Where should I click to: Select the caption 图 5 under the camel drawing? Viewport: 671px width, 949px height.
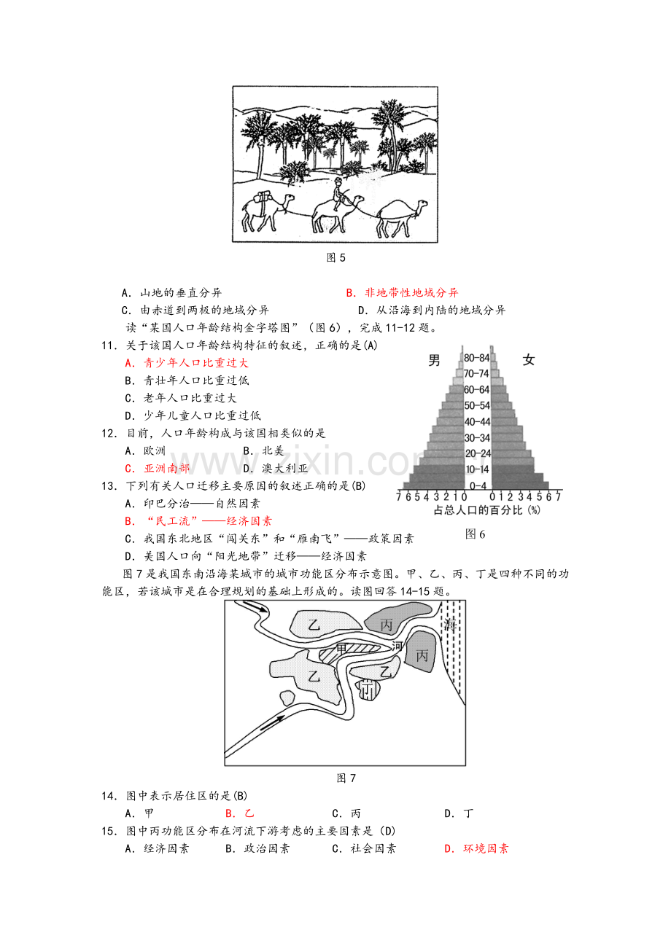click(x=335, y=257)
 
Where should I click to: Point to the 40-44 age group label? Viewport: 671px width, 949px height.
click(x=478, y=421)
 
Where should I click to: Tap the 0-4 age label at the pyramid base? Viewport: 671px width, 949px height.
click(x=478, y=485)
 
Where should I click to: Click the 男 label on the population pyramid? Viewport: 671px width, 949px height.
click(x=435, y=359)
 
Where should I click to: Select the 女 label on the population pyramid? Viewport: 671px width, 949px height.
click(x=529, y=359)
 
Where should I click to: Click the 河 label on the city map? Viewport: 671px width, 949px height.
click(x=397, y=646)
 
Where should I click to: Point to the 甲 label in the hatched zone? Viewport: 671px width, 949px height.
click(x=342, y=648)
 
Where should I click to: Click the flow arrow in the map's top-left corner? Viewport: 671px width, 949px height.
click(x=254, y=609)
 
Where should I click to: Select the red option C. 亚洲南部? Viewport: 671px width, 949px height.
click(x=157, y=468)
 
